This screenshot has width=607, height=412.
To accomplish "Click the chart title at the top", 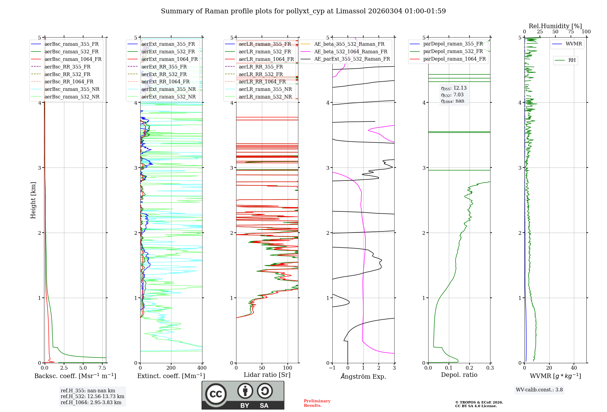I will [303, 11].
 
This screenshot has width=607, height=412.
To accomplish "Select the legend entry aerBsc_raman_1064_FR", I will [73, 59].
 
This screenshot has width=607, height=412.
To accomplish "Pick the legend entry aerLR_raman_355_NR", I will [265, 89].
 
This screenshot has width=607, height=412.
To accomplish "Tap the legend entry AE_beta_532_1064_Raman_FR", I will [351, 51].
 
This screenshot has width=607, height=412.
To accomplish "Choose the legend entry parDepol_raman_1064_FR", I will [454, 59].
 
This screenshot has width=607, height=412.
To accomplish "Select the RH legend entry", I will [572, 60].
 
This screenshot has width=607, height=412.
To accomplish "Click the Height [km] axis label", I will [33, 200].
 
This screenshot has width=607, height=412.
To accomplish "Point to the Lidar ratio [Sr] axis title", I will [267, 375].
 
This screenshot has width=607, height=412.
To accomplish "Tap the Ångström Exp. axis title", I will [363, 376].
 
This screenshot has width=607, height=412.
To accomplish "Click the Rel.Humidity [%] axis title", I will [555, 26].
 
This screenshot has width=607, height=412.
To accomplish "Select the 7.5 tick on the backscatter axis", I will [102, 368].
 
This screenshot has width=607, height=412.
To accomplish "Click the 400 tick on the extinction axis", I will [202, 368].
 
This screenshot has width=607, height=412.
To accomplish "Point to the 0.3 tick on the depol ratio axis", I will [490, 368].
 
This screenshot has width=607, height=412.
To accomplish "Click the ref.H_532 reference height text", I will [92, 396].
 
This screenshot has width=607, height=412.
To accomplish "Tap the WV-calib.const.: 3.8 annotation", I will [539, 390].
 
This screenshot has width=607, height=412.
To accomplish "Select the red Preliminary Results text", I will [317, 403].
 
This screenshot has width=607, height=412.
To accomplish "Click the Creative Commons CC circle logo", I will [216, 394].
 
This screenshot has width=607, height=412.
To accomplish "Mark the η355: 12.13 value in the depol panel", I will [454, 88].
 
